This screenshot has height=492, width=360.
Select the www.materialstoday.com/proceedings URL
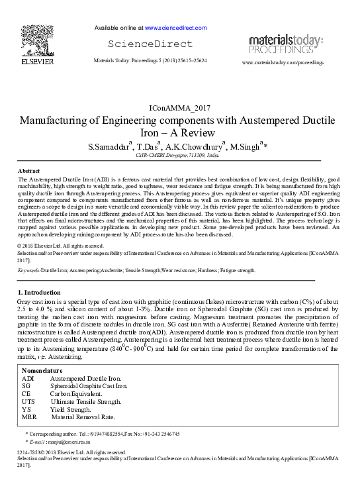(283, 62)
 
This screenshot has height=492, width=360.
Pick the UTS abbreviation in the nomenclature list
(28, 402)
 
